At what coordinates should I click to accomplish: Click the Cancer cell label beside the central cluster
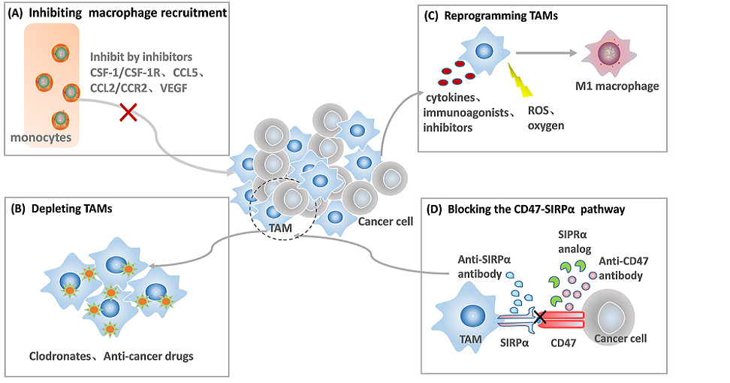(385, 222)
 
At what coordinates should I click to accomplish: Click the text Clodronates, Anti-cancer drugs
(111, 356)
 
